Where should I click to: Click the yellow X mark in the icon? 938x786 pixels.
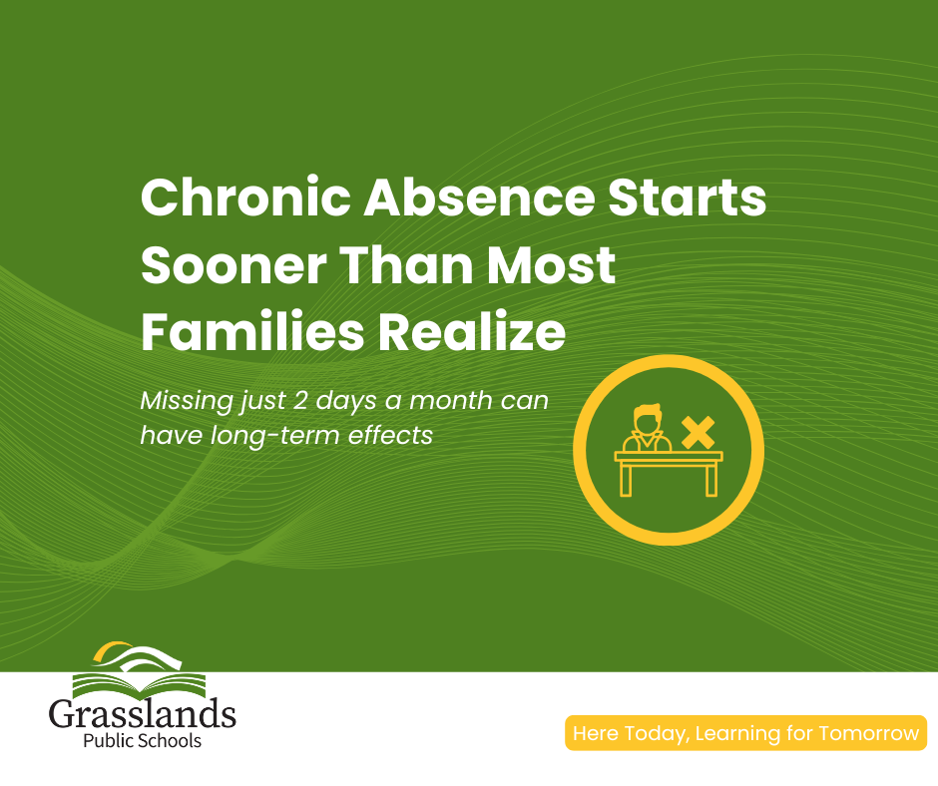[x=698, y=432]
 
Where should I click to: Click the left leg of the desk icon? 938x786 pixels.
[x=627, y=478]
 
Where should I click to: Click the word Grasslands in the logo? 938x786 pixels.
[x=142, y=716]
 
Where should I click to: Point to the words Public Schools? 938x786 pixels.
[x=142, y=741]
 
